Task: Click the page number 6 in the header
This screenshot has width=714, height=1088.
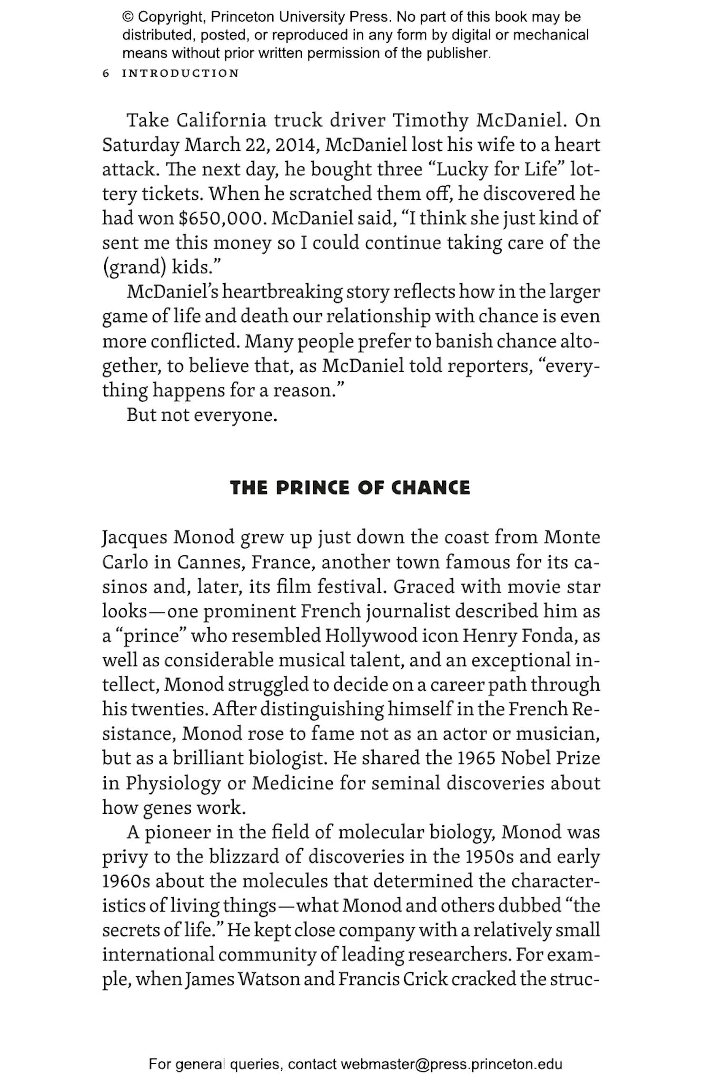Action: point(106,73)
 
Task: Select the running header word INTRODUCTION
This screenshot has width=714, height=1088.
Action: point(180,73)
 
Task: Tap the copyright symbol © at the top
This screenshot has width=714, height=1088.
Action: point(128,17)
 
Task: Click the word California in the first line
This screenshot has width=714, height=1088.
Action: point(221,120)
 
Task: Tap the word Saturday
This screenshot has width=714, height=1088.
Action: point(140,145)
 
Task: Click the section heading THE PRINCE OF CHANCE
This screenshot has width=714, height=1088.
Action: point(350,488)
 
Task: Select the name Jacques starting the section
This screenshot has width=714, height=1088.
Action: point(135,537)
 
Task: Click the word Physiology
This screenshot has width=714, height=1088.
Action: point(173,783)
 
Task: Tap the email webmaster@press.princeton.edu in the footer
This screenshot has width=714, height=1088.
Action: point(451,1064)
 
